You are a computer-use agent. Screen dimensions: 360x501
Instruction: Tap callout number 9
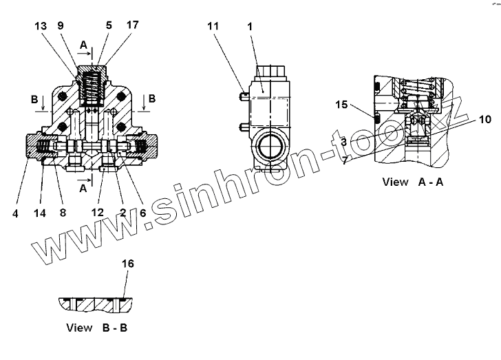[61, 25]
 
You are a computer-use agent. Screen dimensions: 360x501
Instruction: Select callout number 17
[132, 25]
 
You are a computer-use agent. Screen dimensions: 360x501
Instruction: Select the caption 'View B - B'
[96, 328]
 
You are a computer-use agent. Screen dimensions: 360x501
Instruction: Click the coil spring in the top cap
[92, 87]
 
